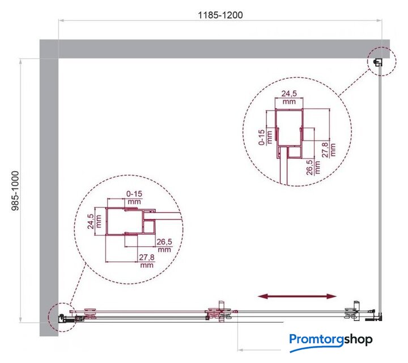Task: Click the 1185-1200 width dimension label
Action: (220, 15)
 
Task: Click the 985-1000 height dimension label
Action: (16, 191)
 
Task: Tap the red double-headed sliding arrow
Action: (297, 296)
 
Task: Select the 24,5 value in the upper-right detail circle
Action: (289, 93)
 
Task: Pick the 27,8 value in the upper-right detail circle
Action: (325, 150)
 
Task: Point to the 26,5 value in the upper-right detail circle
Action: (309, 167)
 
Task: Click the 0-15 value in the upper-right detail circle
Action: (262, 137)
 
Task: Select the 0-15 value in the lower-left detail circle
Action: (134, 194)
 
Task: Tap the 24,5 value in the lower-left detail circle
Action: (90, 221)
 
